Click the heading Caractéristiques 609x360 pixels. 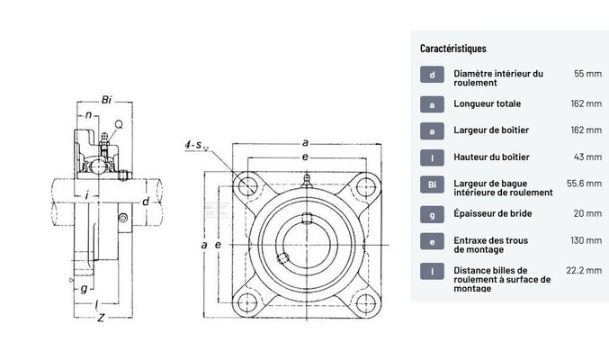click(x=454, y=48)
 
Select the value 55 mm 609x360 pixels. click(x=587, y=74)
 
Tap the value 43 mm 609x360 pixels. click(x=587, y=157)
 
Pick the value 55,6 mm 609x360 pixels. click(x=583, y=184)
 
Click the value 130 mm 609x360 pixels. click(x=585, y=240)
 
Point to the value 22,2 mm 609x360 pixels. click(x=583, y=268)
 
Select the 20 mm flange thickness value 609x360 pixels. click(x=587, y=213)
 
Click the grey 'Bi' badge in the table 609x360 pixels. click(x=432, y=185)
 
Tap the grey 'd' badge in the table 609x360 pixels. click(x=432, y=75)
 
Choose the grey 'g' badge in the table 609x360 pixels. click(x=432, y=213)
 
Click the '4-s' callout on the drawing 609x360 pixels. click(x=192, y=145)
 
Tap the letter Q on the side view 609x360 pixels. click(x=119, y=122)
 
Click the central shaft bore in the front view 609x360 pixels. click(x=304, y=244)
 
